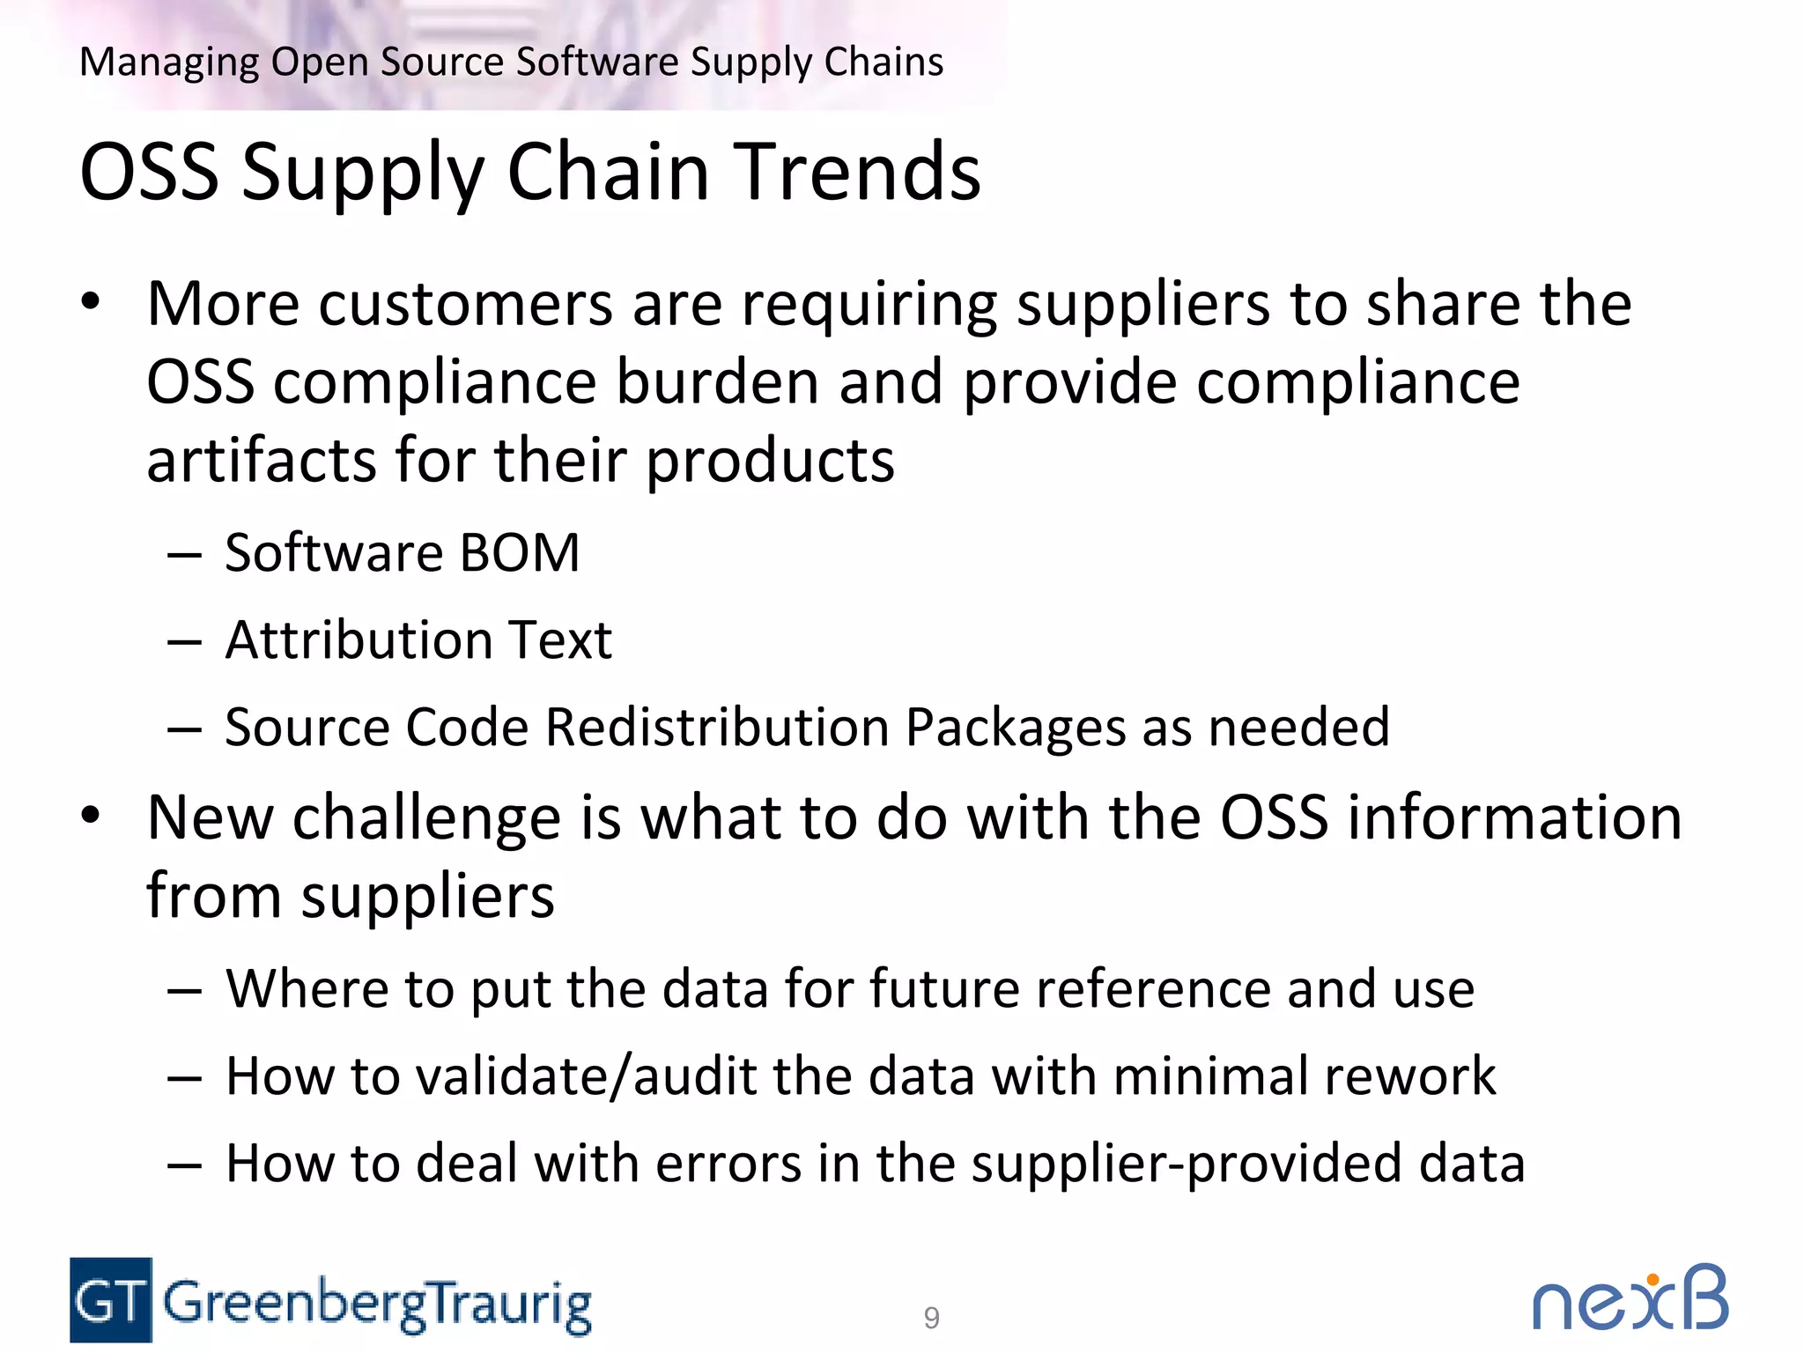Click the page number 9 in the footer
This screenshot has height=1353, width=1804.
point(931,1318)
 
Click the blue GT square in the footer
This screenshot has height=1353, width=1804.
point(111,1300)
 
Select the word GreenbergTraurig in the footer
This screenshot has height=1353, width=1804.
point(377,1304)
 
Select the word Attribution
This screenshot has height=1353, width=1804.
point(358,640)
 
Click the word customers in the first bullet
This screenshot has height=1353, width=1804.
point(465,305)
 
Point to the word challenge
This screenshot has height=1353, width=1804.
point(426,818)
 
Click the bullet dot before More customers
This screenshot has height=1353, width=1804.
point(91,302)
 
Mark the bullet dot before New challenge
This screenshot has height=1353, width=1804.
point(91,816)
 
